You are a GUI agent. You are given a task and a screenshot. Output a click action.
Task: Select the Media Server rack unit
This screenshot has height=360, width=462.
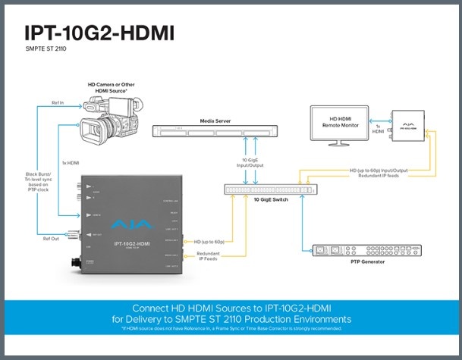[x=210, y=133]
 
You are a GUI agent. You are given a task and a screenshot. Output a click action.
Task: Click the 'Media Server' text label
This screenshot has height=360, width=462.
[x=209, y=121]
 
